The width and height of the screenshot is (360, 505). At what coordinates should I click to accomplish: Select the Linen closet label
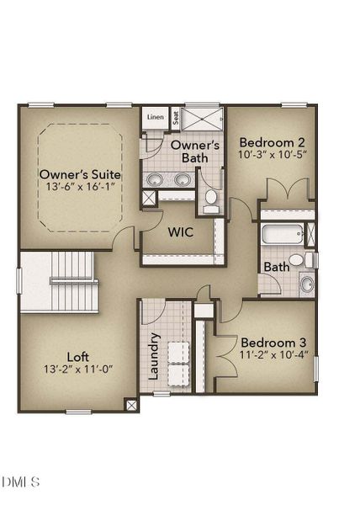pyautogui.click(x=155, y=117)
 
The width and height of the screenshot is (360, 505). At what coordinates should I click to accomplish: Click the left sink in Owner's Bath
pyautogui.click(x=156, y=178)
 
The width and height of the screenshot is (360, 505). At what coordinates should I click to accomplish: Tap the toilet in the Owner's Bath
pyautogui.click(x=211, y=199)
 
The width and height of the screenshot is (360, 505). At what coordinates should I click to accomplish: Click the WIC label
pyautogui.click(x=182, y=231)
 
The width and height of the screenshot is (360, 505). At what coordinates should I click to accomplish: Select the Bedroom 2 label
pyautogui.click(x=272, y=142)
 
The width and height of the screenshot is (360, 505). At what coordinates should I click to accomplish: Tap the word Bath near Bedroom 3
pyautogui.click(x=277, y=267)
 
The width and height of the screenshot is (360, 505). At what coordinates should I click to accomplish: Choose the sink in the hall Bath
pyautogui.click(x=307, y=283)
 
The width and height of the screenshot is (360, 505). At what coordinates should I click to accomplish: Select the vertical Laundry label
pyautogui.click(x=155, y=356)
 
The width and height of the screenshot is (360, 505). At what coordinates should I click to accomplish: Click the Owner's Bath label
pyautogui.click(x=195, y=151)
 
